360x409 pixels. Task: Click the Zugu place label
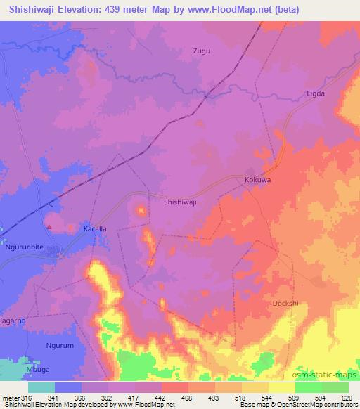click(x=202, y=51)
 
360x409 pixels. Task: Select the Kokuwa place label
click(x=257, y=180)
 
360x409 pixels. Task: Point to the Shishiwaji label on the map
click(x=180, y=201)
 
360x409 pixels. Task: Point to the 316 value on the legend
click(x=25, y=398)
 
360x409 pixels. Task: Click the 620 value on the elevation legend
click(x=347, y=398)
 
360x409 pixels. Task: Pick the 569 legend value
click(x=293, y=398)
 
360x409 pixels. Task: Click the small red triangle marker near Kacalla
click(x=49, y=226)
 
